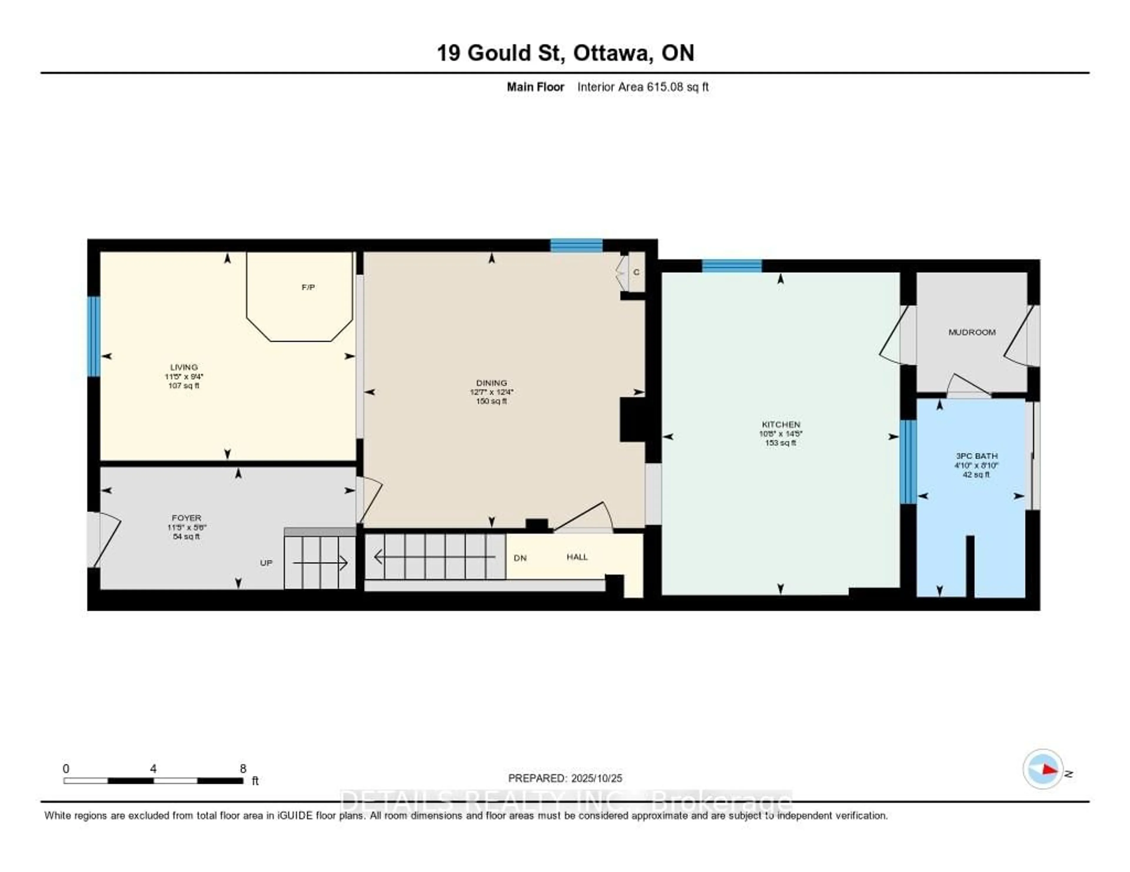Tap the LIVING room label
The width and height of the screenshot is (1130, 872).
click(184, 367)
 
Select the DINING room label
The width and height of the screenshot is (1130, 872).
click(491, 383)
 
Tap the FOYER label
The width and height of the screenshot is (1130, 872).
click(186, 517)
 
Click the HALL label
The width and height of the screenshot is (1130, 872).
click(577, 557)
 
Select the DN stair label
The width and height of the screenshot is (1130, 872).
click(520, 558)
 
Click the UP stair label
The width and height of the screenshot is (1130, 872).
click(266, 563)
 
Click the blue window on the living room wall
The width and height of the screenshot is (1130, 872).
click(93, 336)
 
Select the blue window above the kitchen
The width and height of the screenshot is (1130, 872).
click(732, 266)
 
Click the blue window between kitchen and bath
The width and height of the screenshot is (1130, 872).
click(908, 462)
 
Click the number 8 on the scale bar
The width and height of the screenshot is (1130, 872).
click(243, 769)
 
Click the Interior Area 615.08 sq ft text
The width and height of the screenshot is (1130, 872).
click(643, 87)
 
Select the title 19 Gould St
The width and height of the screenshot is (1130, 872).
click(565, 53)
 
